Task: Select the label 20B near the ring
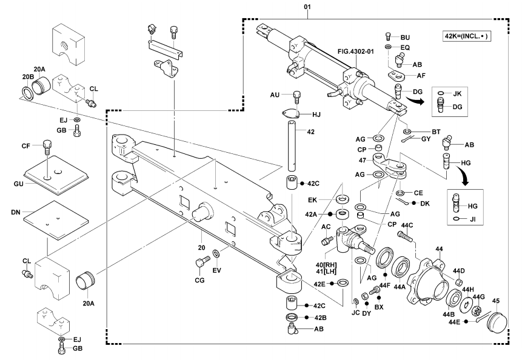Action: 26,77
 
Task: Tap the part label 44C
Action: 405,225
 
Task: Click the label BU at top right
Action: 406,36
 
